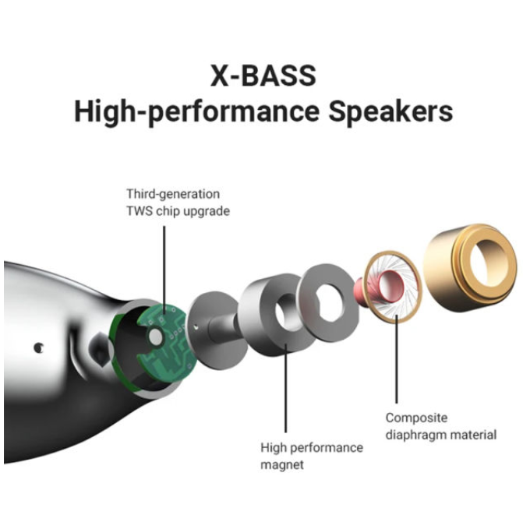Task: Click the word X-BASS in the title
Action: coord(263,76)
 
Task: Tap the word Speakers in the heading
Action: coord(390,111)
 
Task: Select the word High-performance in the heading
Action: coord(196,112)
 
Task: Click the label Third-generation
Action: coord(173,194)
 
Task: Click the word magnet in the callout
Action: coord(282,465)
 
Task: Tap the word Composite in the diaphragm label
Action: coord(416,418)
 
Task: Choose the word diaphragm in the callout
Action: coord(417,436)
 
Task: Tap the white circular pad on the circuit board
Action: coord(156,337)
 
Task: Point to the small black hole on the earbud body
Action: coord(38,347)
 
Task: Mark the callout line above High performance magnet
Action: coord(286,388)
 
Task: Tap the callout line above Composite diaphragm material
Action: coord(397,359)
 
